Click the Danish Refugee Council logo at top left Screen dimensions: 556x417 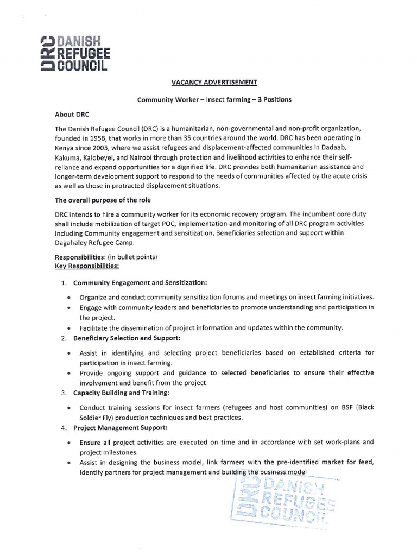coord(75,53)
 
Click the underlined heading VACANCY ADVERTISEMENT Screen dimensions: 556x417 coord(214,82)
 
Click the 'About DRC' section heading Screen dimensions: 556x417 coord(72,115)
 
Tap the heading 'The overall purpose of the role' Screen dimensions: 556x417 coord(103,200)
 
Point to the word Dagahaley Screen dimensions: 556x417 coord(73,243)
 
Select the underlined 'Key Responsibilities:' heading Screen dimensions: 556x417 coord(87,266)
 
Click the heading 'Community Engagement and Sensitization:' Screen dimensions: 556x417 coord(140,282)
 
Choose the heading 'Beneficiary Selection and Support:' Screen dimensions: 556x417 coord(127,338)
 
